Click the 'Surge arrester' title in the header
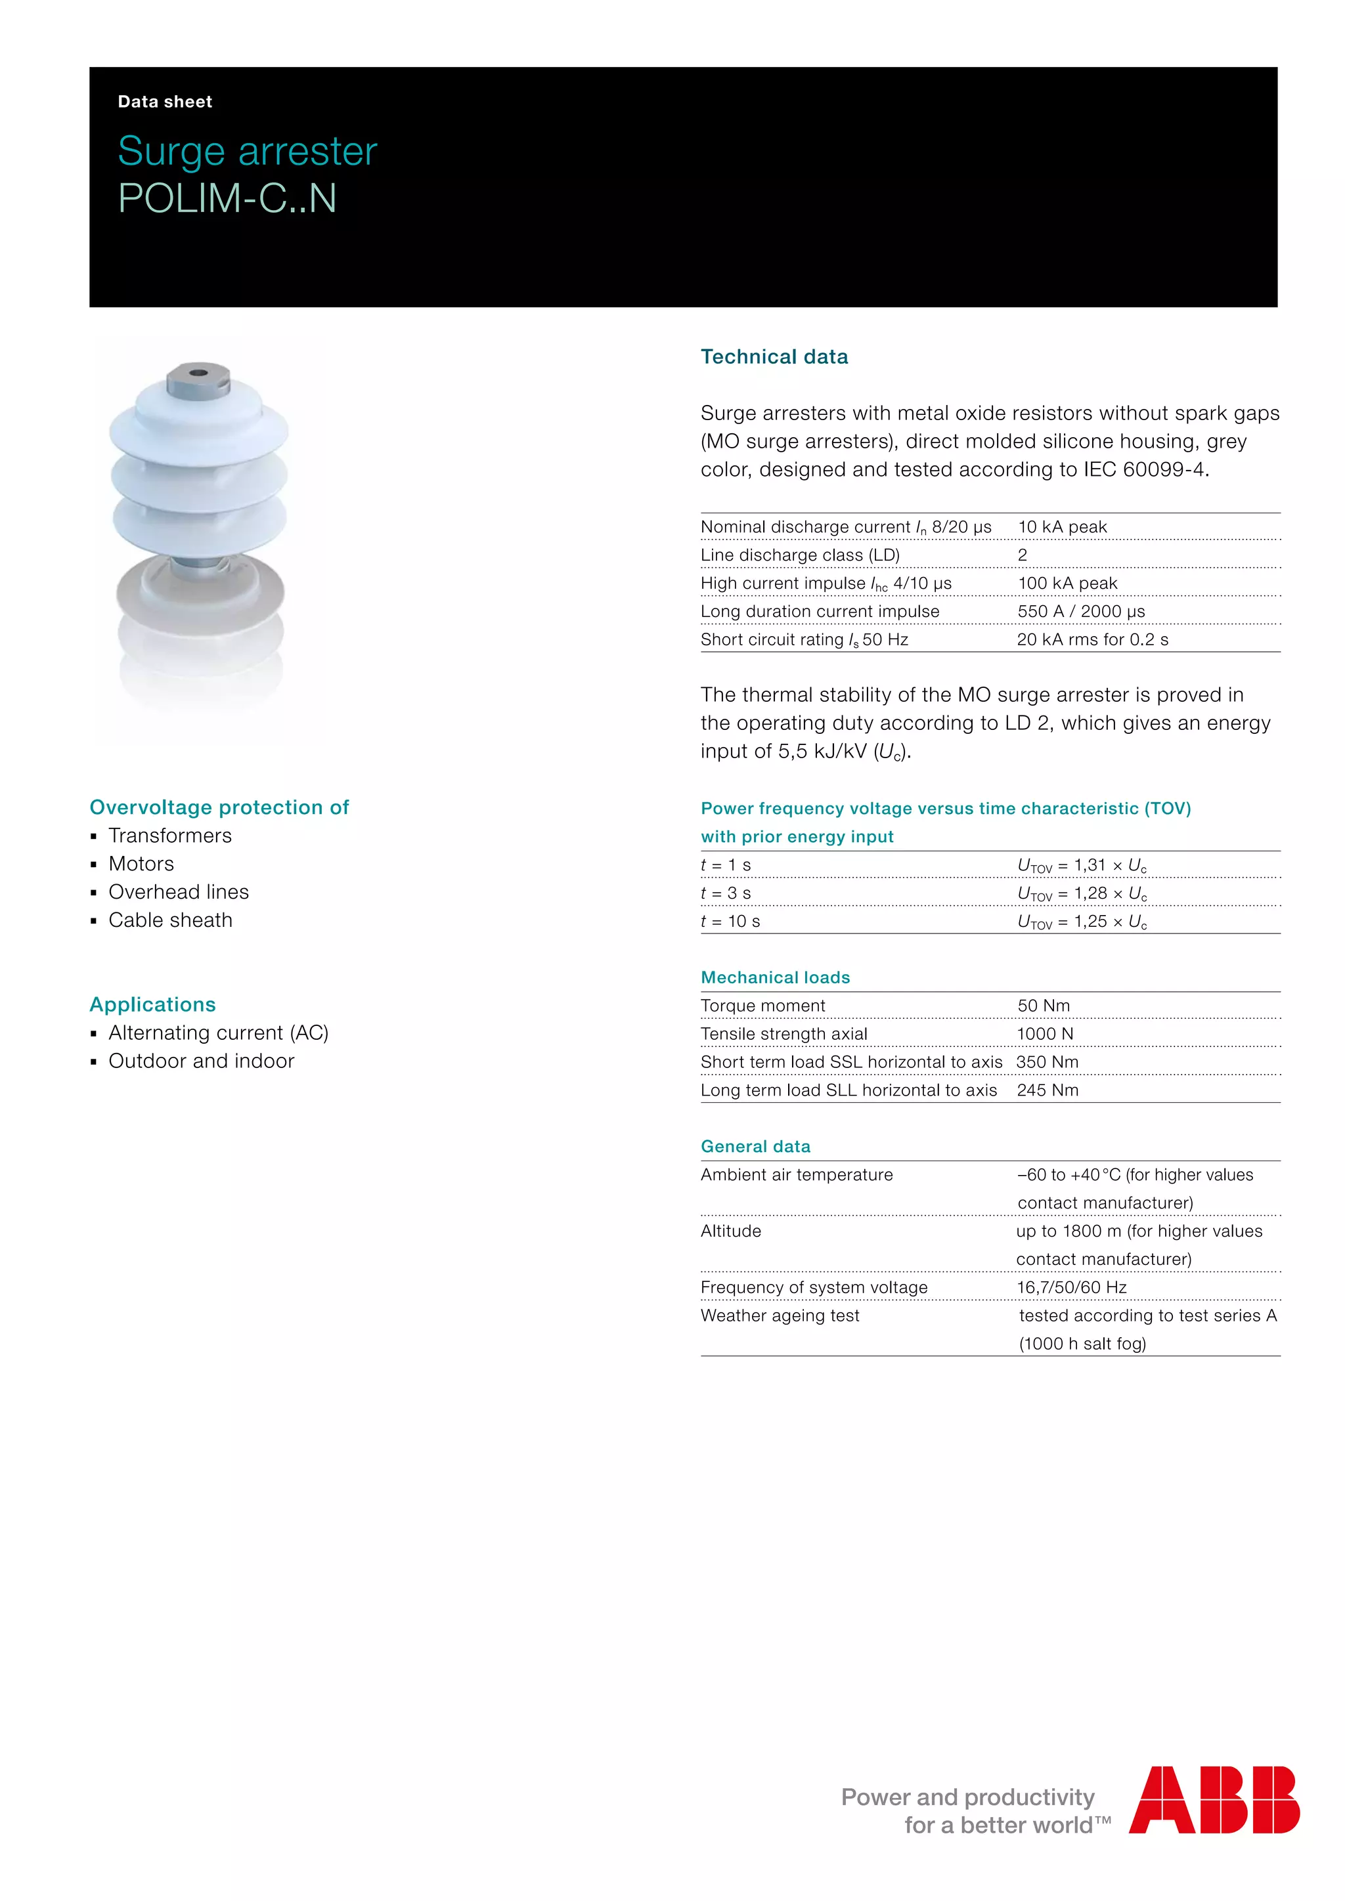tap(247, 152)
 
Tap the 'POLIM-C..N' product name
tap(227, 199)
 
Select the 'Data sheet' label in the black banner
tap(165, 102)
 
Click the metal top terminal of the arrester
tap(198, 377)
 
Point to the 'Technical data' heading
tap(774, 357)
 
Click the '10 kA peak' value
tap(1062, 527)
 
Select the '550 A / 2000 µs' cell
tap(1081, 612)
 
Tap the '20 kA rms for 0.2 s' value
tap(1092, 640)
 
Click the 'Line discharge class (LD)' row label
tap(799, 555)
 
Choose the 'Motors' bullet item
tap(141, 865)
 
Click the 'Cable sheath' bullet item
tap(170, 921)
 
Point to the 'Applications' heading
tap(152, 1005)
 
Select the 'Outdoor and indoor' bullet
tap(201, 1061)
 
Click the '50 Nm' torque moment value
tap(1044, 1006)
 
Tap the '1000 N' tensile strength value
tap(1044, 1034)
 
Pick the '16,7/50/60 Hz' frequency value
tap(1072, 1287)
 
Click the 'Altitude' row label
tap(730, 1231)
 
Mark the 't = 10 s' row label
tap(730, 922)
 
